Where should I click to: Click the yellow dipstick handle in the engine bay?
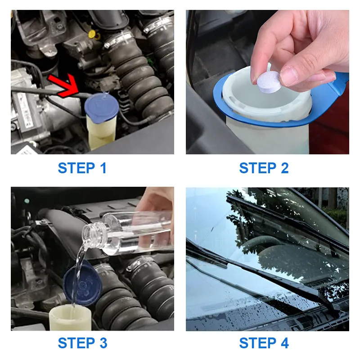click(x=92, y=34)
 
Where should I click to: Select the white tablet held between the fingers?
click(x=269, y=81)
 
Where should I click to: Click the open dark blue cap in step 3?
click(x=83, y=283)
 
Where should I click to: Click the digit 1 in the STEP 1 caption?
click(x=103, y=168)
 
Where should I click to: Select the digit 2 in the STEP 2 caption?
click(x=285, y=168)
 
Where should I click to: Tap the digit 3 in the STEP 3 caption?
click(x=103, y=343)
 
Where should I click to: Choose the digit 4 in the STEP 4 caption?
click(x=285, y=343)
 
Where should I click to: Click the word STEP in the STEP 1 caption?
click(x=76, y=168)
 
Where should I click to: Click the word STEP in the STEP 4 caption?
click(x=258, y=343)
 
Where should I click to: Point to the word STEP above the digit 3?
click(x=76, y=343)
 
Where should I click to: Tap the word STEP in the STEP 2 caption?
click(x=258, y=168)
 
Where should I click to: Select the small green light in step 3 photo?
click(x=27, y=201)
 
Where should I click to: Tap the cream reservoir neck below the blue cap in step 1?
click(x=101, y=131)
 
